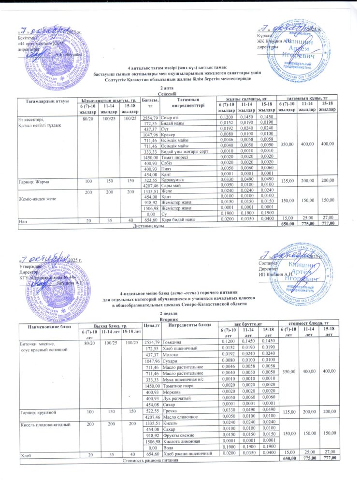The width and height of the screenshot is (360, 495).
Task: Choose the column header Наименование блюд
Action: click(x=48, y=327)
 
